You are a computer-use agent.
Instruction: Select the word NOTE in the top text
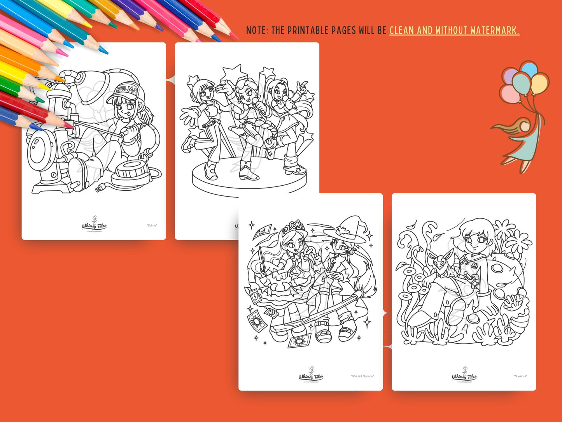click(x=256, y=30)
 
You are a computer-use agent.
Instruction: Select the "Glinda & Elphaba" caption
click(x=362, y=376)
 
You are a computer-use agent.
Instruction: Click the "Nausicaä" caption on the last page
click(x=520, y=376)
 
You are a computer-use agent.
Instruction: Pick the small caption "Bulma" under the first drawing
click(x=152, y=225)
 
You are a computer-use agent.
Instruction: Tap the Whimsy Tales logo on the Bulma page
click(x=94, y=225)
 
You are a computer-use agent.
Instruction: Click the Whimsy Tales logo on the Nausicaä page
click(x=464, y=375)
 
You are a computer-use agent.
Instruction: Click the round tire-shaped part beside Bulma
click(x=131, y=173)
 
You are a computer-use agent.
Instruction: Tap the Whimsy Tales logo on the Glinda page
click(x=311, y=375)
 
